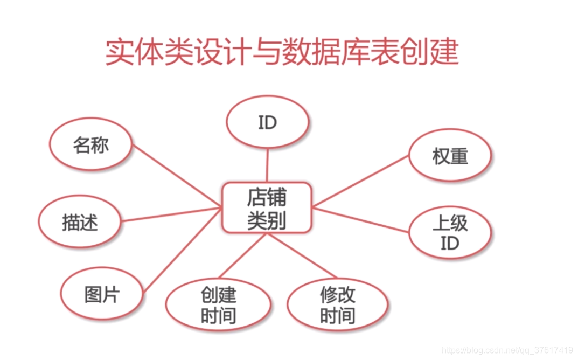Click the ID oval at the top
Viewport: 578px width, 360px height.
(x=268, y=123)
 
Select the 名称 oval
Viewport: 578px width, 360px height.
(x=90, y=146)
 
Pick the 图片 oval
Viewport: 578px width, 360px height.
(x=102, y=295)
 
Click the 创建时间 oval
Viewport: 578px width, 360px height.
(x=218, y=305)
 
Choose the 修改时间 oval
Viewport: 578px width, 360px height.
(x=337, y=305)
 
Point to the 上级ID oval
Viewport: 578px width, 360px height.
(x=450, y=233)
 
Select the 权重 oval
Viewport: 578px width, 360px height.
(x=450, y=157)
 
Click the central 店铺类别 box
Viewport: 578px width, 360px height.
(x=267, y=207)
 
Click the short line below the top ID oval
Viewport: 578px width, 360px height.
(x=268, y=164)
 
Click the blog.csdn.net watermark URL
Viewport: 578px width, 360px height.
(x=507, y=350)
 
